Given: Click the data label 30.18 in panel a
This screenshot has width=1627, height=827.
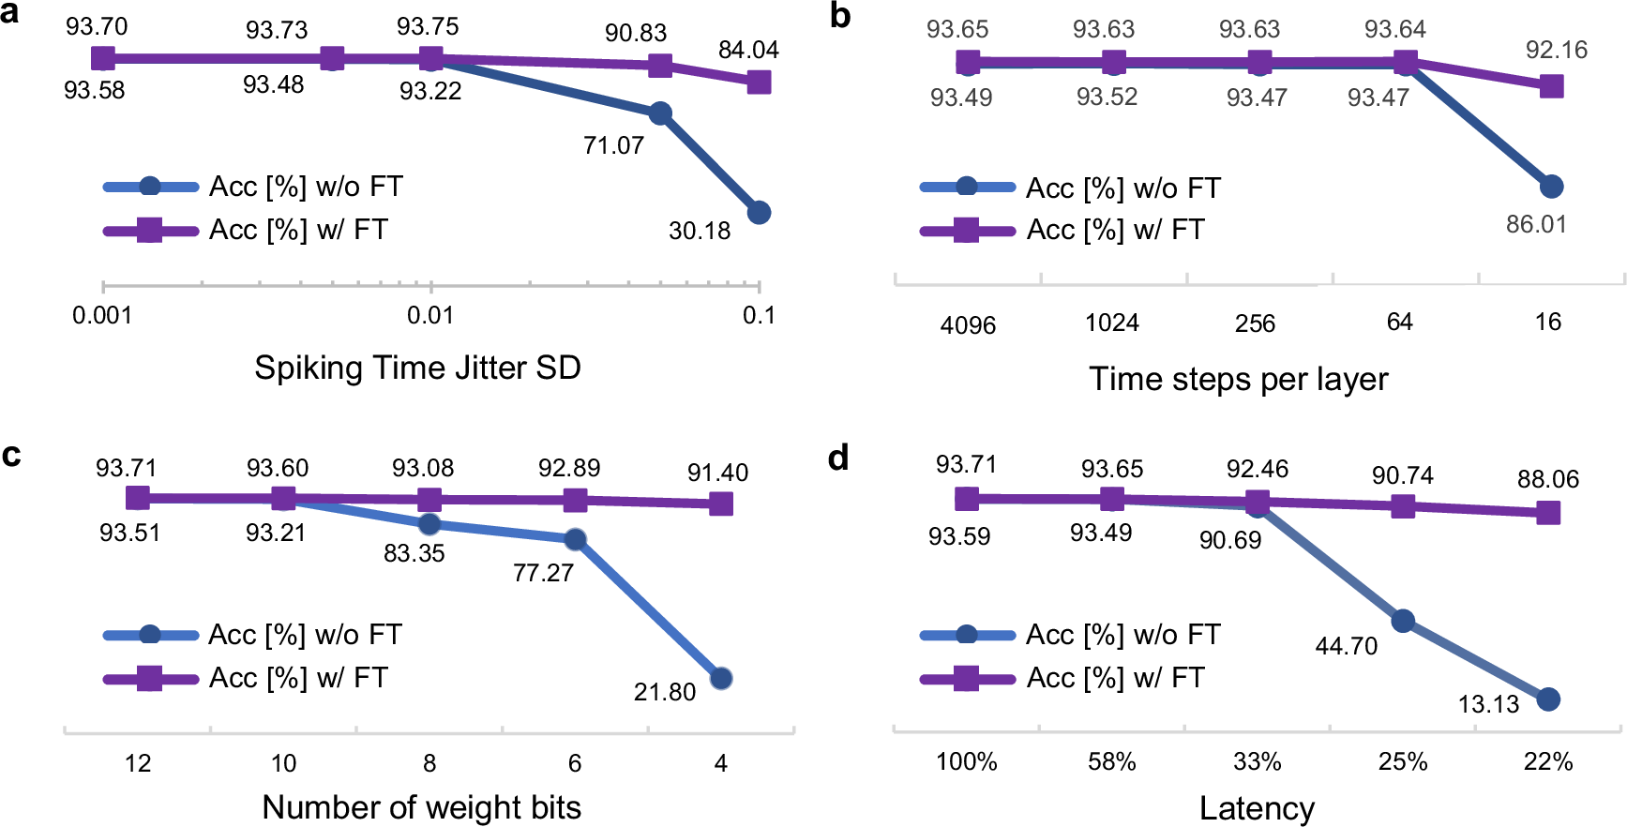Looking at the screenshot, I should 699,231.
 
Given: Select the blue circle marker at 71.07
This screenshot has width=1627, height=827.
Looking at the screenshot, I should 660,113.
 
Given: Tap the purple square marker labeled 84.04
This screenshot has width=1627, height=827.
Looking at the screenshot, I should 759,83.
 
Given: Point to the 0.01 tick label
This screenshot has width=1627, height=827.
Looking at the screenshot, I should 430,315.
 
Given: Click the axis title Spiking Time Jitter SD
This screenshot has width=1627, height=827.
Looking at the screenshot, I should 417,368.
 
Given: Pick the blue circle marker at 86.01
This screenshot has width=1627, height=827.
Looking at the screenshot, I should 1552,187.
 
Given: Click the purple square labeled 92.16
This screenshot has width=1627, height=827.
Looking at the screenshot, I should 1552,86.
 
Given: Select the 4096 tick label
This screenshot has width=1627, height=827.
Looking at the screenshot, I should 968,325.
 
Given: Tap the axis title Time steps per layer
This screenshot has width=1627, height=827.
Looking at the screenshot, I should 1238,379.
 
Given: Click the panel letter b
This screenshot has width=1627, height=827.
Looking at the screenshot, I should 840,16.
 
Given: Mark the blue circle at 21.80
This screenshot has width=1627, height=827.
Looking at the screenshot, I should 721,678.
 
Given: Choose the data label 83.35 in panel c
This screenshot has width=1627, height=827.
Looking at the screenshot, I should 414,553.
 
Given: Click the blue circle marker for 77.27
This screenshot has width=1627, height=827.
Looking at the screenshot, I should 576,539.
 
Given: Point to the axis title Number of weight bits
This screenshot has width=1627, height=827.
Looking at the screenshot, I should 421,807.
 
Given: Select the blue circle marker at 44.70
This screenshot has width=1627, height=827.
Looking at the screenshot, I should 1403,621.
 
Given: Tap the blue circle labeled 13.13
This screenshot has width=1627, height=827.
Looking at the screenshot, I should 1548,699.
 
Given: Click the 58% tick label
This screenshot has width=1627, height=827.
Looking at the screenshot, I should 1112,761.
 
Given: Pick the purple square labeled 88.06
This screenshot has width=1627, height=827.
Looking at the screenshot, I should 1548,513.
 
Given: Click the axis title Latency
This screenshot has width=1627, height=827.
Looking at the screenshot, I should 1257,808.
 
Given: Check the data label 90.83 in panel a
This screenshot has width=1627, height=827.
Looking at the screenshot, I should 635,33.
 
